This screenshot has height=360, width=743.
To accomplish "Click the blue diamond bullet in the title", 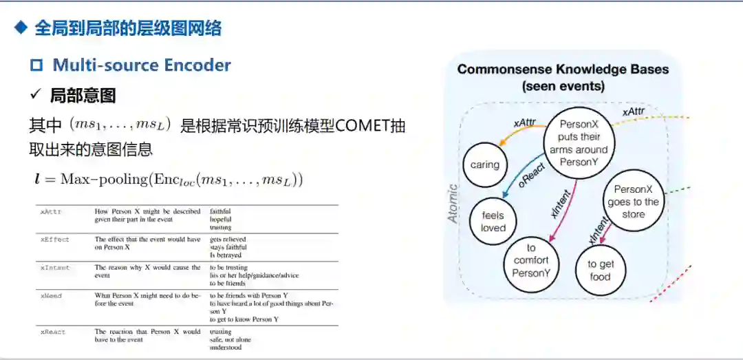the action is coord(21,28).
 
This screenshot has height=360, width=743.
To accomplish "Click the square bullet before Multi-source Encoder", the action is coord(36,65).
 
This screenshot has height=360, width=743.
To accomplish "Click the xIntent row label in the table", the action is coord(54,267).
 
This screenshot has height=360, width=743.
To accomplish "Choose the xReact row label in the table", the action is coord(53,332).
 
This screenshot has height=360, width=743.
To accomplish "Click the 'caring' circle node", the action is coord(485,165).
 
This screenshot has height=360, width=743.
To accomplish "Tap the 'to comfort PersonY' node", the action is coord(530,260).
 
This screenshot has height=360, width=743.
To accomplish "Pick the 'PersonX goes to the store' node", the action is coord(633,201).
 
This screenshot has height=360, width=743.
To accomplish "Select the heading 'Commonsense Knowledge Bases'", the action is coord(563,70).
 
